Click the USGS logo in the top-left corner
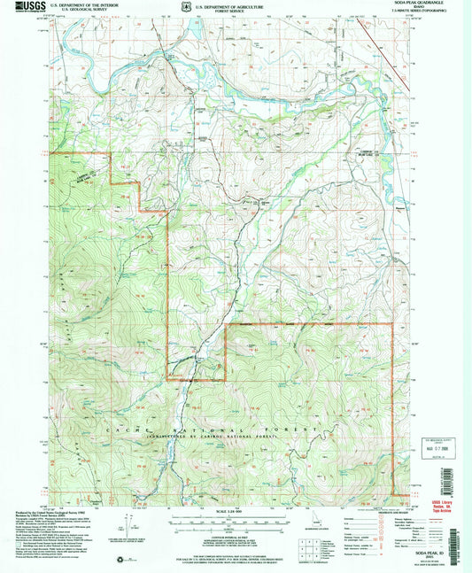(x=26, y=7)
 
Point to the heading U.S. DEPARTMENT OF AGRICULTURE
(x=228, y=4)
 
